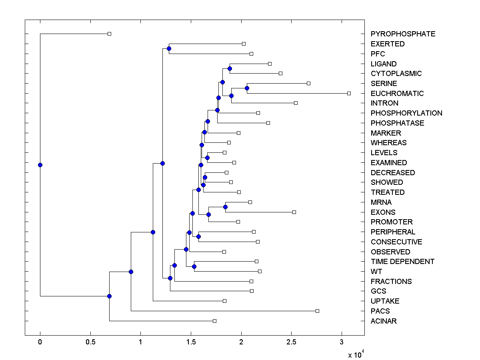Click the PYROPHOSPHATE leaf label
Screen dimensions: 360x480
[x=403, y=34]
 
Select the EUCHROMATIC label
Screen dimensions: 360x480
[x=397, y=94]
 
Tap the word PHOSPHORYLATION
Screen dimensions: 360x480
[x=406, y=113]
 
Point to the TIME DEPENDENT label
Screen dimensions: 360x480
[x=402, y=262]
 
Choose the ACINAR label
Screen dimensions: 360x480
[x=384, y=321]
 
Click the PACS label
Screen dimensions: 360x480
[x=380, y=311]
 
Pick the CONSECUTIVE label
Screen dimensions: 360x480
[x=396, y=242]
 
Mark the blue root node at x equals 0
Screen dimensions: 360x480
[x=40, y=165]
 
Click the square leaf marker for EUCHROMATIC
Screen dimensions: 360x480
[x=349, y=93]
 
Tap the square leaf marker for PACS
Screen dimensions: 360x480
[x=317, y=311]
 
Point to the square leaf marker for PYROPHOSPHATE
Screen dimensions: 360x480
[x=109, y=34]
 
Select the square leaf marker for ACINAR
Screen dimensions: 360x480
[x=214, y=321]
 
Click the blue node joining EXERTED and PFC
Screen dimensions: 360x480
[x=169, y=48]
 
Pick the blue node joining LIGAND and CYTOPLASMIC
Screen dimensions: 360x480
[x=230, y=68]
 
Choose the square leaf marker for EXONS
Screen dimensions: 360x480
[x=294, y=212]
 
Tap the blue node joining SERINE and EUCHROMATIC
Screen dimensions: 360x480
[x=247, y=88]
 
